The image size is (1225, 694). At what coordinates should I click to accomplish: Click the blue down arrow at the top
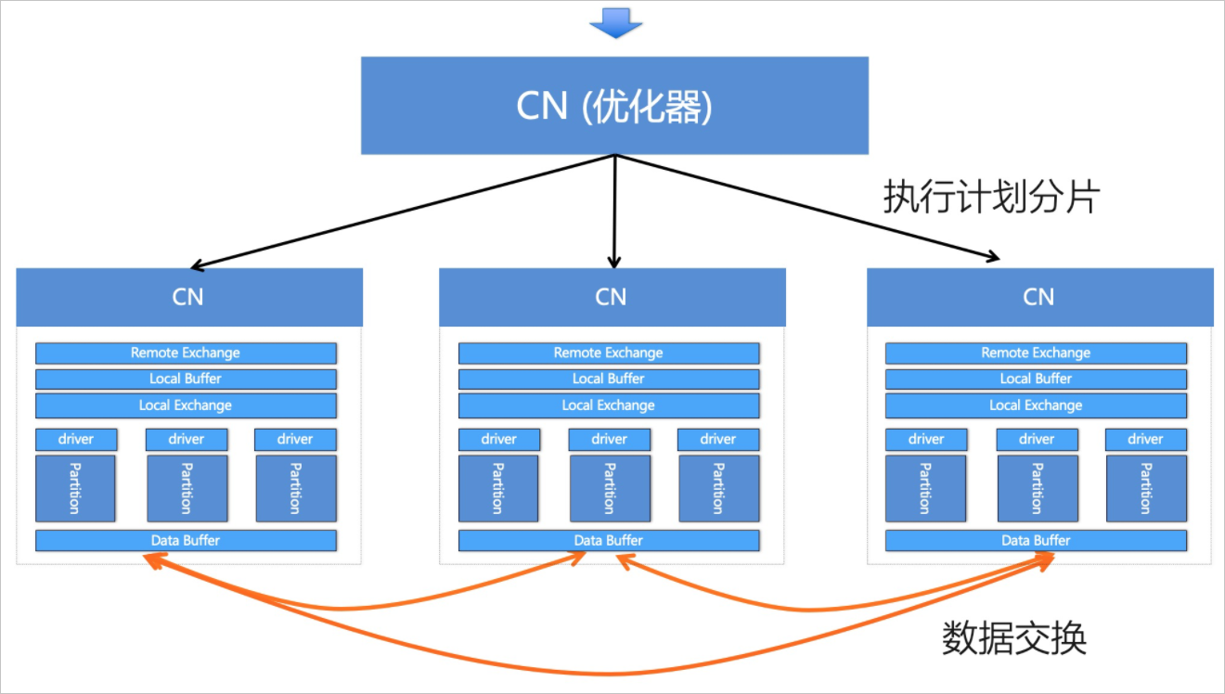click(616, 23)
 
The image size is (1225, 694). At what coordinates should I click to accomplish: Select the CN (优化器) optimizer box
click(614, 106)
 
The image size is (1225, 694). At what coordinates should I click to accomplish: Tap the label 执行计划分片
click(991, 197)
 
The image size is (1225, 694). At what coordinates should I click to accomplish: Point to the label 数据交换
click(1013, 637)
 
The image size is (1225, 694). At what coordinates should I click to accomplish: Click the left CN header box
click(189, 297)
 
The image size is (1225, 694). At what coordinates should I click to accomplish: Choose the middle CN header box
click(612, 297)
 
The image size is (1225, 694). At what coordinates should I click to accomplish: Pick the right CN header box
click(1040, 297)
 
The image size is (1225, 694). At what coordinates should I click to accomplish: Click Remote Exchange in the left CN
click(186, 353)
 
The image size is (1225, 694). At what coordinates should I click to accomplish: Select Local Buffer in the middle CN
click(609, 379)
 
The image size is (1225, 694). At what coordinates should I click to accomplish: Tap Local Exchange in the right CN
click(1036, 405)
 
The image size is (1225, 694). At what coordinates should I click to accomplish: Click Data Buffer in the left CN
click(186, 540)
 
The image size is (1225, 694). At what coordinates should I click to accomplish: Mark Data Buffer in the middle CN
click(609, 540)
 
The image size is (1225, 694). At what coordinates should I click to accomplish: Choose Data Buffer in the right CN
click(1036, 540)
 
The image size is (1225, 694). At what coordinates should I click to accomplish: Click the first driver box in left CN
click(76, 439)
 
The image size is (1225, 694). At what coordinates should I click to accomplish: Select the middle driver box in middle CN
click(609, 439)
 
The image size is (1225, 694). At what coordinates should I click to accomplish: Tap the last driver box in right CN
click(1146, 439)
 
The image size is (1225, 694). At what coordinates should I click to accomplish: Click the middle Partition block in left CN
click(187, 488)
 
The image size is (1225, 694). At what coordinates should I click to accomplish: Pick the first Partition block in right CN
click(925, 488)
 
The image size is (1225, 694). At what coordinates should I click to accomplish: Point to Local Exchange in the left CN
click(186, 405)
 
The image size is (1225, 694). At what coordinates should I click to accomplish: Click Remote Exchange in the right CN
click(1036, 353)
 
